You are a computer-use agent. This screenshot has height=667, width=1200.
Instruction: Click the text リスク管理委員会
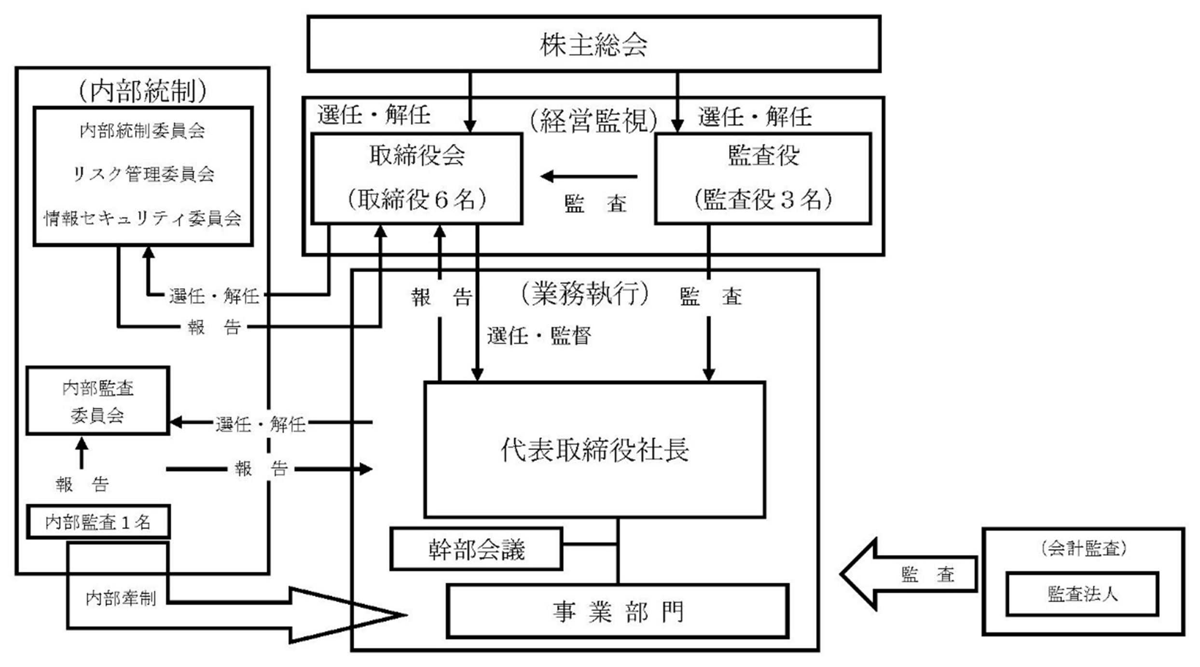point(143,174)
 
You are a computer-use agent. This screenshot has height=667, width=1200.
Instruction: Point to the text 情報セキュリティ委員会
point(143,218)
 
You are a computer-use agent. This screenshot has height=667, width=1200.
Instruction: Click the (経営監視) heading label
point(593,120)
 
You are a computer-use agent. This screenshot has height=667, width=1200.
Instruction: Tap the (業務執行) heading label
point(585,294)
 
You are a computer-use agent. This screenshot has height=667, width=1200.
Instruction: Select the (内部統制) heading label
point(143,90)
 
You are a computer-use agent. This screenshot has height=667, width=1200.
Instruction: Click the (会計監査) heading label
point(1084,549)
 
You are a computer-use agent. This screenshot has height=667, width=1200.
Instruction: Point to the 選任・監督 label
point(539,336)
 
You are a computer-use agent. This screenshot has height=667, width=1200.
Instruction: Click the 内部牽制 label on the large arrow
point(121,598)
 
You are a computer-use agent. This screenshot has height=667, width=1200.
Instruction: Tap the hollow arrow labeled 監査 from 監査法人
point(909,574)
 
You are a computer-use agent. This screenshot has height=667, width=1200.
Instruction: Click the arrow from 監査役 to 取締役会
point(589,177)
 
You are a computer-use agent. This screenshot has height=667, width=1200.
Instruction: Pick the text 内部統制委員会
point(143,130)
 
